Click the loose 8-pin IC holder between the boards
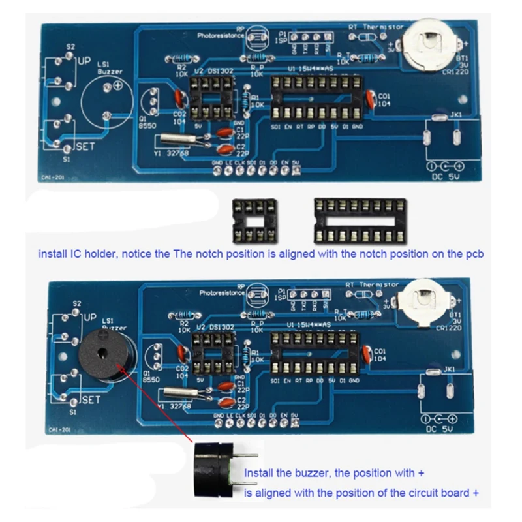point(254,221)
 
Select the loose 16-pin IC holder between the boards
point(359,221)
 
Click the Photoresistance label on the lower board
point(222,293)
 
